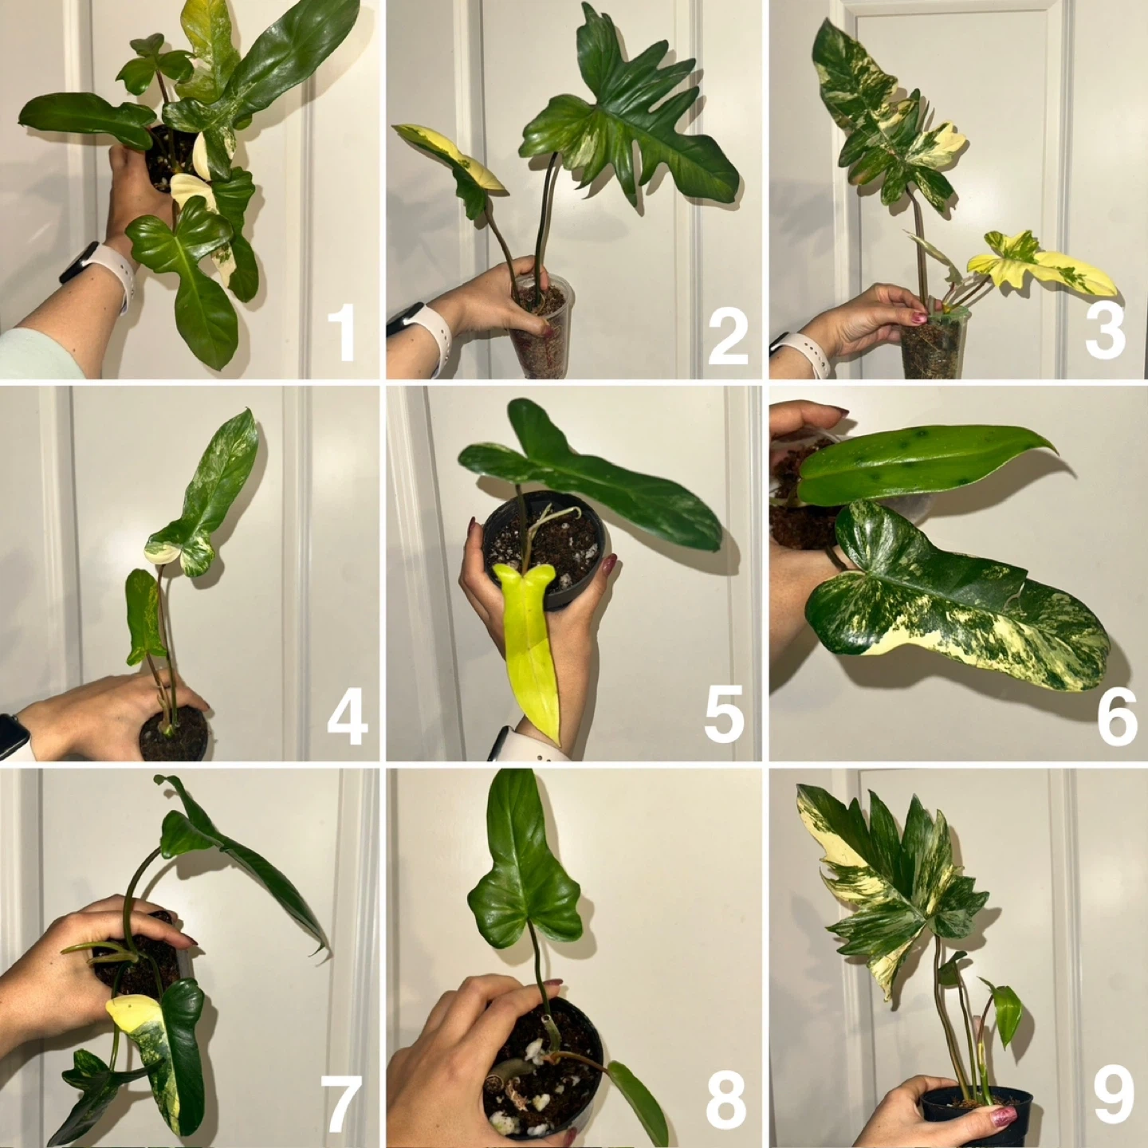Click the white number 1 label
[341, 332]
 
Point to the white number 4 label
[348, 714]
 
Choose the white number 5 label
[725, 714]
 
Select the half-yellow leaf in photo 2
[454, 167]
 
